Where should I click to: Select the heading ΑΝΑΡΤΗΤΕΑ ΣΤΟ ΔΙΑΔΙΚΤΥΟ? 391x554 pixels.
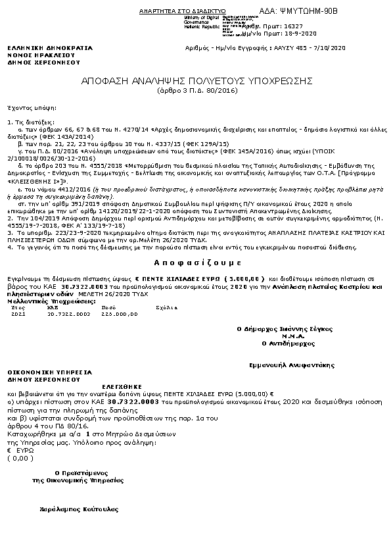coord(182,13)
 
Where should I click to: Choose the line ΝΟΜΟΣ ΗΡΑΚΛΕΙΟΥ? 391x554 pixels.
coord(39,55)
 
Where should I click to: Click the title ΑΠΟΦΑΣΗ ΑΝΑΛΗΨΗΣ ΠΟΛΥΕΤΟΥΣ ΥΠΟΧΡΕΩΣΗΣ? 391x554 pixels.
coord(195,81)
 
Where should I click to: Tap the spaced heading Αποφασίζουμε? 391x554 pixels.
coord(195,261)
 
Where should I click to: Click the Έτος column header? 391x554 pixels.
coord(18,307)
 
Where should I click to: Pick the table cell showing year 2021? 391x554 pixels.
coord(18,314)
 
